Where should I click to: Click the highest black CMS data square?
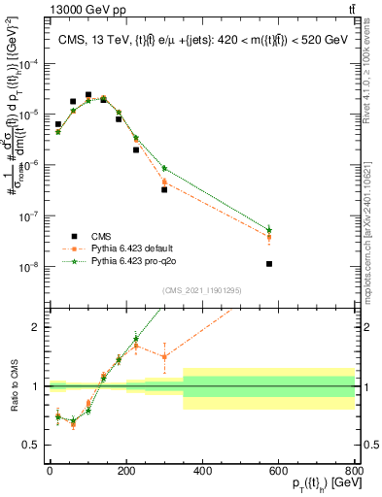88,95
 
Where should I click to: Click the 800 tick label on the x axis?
355,468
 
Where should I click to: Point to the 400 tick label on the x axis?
202,468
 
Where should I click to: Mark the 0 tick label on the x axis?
51,468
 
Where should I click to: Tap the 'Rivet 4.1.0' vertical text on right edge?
374,87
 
